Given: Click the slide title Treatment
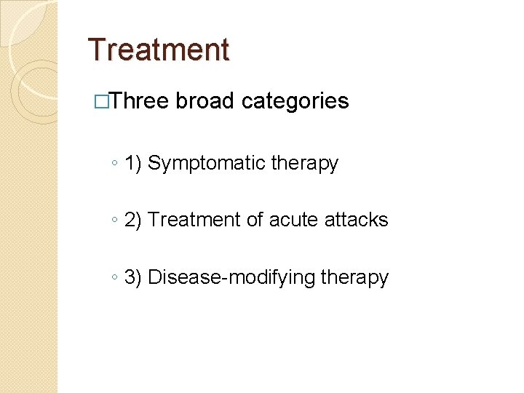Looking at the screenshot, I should click(x=158, y=49).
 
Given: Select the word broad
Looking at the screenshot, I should click(x=205, y=101).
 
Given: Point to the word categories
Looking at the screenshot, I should click(x=295, y=101).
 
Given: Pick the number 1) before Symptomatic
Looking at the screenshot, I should click(x=133, y=164).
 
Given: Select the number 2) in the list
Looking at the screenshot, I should click(x=133, y=220).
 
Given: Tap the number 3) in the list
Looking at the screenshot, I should click(x=133, y=277).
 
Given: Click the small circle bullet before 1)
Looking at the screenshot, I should click(x=116, y=164).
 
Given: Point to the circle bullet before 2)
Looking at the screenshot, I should click(x=116, y=221).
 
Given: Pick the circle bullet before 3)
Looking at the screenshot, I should click(x=116, y=278).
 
